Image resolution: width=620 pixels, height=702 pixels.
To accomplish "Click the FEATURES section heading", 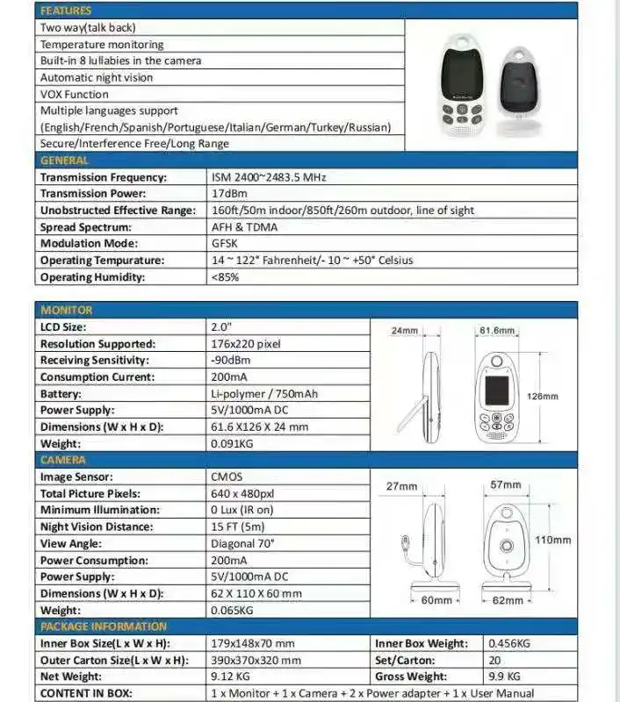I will pos(66,11).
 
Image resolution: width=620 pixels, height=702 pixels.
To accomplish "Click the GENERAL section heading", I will pos(64,161).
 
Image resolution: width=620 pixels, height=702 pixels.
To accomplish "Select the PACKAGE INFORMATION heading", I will pos(103,627).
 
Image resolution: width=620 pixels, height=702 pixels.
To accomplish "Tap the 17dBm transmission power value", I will pos(227,193).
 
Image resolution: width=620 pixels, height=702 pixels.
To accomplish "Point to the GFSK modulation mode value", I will pos(225,243).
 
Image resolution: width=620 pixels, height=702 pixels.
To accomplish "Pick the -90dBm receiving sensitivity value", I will pos(229,360).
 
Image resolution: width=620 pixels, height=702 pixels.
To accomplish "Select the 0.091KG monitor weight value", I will pos(232,444).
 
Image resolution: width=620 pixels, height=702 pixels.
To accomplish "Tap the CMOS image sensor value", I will pos(227,476).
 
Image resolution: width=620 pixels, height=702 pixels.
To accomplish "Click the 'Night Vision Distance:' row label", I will pos(96,526).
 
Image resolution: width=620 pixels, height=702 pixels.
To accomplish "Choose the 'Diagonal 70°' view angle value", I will pos(243,543).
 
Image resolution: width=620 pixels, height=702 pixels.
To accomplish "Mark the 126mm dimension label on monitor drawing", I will pos(543,396).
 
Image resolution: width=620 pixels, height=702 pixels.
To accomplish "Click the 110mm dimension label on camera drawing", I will pos(553,540).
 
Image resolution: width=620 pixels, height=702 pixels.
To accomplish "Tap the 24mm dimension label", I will pos(403,331).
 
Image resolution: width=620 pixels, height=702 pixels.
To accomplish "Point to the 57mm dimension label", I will pos(506,484).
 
